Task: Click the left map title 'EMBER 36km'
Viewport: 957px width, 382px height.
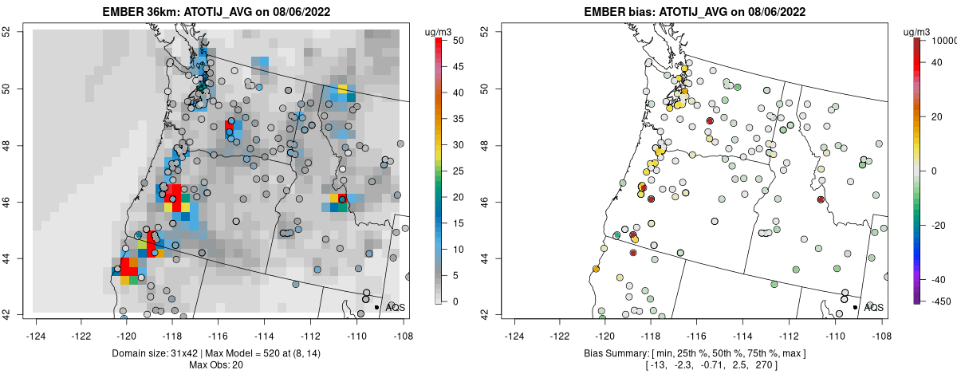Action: click(140, 12)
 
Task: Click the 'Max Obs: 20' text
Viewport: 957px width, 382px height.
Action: click(215, 365)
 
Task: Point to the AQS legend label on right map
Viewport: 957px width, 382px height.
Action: click(873, 307)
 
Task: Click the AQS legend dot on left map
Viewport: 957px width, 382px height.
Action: click(376, 307)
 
